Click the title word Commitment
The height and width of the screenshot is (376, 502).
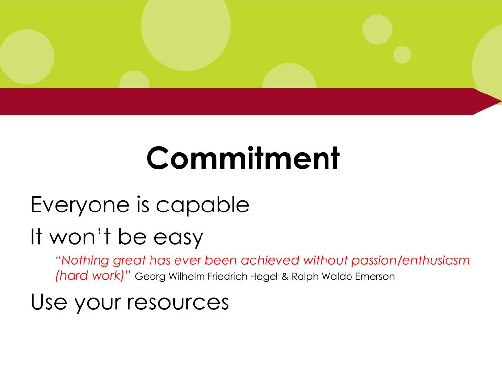click(x=243, y=158)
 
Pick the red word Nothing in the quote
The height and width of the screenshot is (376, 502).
click(x=82, y=260)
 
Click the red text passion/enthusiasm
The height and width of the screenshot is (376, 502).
click(x=411, y=260)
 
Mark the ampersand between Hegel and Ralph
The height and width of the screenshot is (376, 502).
click(x=285, y=277)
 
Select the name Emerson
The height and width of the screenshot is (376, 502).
click(x=376, y=277)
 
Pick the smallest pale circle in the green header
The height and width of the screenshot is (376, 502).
click(x=402, y=55)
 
